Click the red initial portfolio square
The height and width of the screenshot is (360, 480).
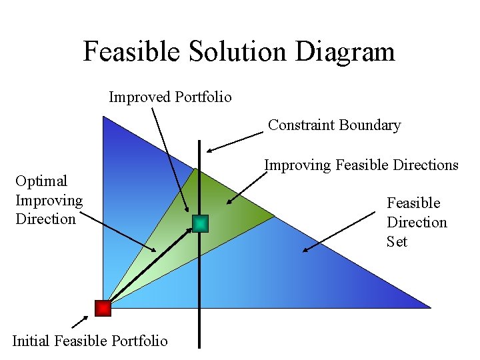103,308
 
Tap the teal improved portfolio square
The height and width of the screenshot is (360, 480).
200,224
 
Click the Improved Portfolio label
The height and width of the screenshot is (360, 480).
170,97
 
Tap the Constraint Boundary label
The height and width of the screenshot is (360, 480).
334,125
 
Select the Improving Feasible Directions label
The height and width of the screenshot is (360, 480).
361,165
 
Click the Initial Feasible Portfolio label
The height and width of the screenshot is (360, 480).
90,341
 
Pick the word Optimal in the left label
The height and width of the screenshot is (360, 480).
41,181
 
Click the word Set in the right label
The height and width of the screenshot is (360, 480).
397,241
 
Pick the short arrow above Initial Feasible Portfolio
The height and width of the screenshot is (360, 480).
79,322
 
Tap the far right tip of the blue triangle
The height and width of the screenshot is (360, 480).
429,307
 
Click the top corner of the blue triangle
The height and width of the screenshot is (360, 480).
103,117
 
